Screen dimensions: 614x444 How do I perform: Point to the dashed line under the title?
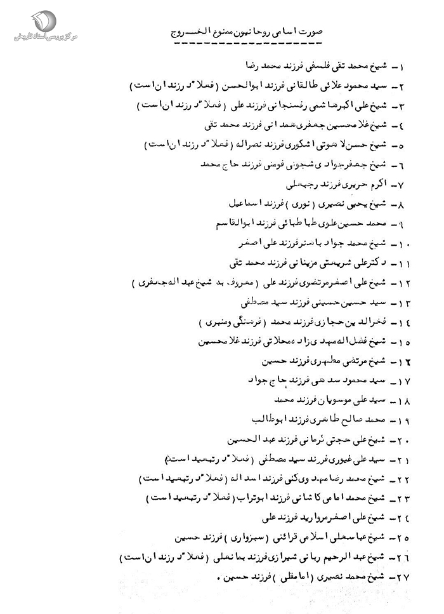coord(247,45)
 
